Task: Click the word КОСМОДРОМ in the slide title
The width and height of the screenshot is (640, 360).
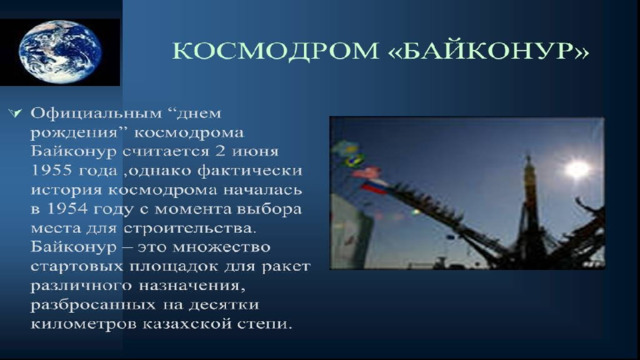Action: point(276,51)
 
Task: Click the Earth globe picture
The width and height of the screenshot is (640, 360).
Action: point(60,52)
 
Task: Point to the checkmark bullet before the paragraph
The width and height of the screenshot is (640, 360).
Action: point(15,113)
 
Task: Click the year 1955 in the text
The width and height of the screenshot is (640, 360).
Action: point(51,170)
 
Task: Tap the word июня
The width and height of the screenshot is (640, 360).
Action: point(255,152)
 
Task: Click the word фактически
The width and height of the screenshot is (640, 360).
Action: point(250,171)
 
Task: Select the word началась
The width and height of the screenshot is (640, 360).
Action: point(263,190)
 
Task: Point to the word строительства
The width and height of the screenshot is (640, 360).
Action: point(190,228)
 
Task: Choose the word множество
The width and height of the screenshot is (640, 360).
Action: point(221,247)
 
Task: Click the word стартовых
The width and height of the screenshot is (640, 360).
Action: point(76,267)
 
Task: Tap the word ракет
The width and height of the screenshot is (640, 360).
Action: point(286,267)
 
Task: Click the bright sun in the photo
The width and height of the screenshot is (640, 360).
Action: point(578,169)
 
